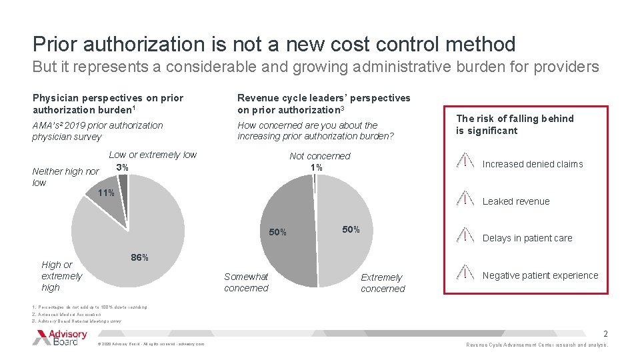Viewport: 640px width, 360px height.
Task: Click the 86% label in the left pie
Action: [x=139, y=258]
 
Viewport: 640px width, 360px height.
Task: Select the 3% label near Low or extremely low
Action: [x=122, y=167]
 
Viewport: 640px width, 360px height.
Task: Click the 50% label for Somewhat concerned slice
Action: [x=277, y=233]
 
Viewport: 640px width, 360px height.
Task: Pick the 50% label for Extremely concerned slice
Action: [x=351, y=229]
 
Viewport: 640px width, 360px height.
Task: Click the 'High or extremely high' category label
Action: [x=61, y=276]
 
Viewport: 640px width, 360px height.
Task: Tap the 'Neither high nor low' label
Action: [x=65, y=177]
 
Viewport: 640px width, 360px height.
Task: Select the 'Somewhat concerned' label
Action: [x=246, y=282]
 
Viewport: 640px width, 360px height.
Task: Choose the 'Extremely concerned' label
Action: [x=383, y=283]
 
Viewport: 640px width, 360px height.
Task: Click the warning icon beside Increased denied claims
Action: [x=465, y=162]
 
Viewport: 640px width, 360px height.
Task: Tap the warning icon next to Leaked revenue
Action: [x=465, y=199]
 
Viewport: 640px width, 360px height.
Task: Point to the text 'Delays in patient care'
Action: [x=527, y=238]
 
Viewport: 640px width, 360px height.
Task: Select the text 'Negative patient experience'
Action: [x=540, y=275]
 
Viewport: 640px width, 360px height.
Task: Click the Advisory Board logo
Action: [x=60, y=337]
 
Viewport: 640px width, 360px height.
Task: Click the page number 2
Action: [x=605, y=333]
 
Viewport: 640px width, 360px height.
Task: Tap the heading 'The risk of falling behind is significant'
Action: [x=515, y=125]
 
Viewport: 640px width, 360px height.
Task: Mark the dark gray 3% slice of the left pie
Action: [x=123, y=183]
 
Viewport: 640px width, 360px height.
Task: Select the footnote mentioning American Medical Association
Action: [x=67, y=314]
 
